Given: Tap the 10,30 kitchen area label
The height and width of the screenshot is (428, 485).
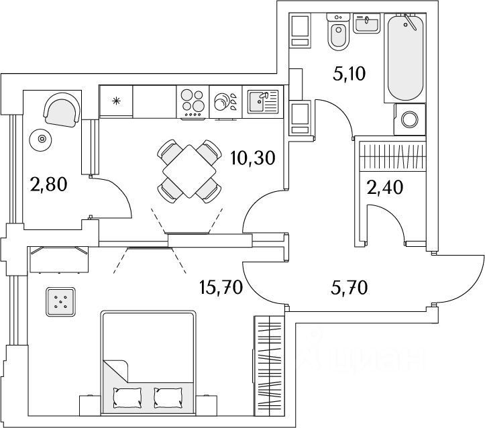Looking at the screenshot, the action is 252,158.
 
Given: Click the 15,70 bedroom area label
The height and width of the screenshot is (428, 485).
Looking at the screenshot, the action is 220,288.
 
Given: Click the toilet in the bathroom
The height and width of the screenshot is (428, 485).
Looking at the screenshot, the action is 337,34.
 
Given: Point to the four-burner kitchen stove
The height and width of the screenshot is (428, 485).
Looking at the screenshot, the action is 193,103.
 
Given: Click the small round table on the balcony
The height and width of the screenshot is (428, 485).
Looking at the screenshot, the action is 42,139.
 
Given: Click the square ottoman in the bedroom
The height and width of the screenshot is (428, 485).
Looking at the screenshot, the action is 62,301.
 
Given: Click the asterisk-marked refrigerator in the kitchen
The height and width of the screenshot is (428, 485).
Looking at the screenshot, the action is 117,102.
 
